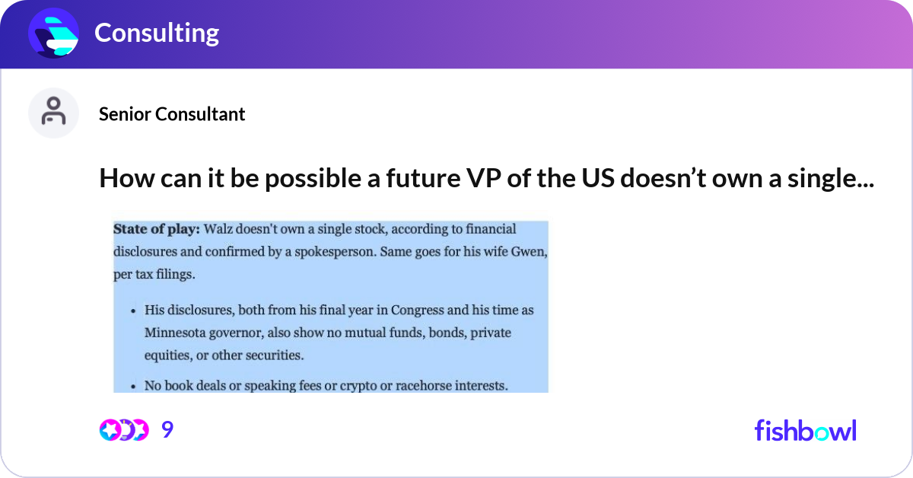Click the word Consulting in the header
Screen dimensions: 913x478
coord(157,33)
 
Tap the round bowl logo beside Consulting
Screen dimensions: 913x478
coord(53,33)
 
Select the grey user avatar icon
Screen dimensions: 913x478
coord(53,113)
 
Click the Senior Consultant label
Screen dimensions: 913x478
coord(172,114)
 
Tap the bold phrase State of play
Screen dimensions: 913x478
coord(157,229)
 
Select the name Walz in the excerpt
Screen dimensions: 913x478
coord(218,229)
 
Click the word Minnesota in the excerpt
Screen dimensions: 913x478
coord(175,333)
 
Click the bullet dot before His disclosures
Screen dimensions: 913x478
coord(133,311)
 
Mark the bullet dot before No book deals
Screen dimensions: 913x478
coord(133,387)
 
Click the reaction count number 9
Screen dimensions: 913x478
coord(167,429)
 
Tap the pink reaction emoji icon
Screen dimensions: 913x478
coord(110,430)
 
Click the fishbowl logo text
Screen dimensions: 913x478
coord(806,430)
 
